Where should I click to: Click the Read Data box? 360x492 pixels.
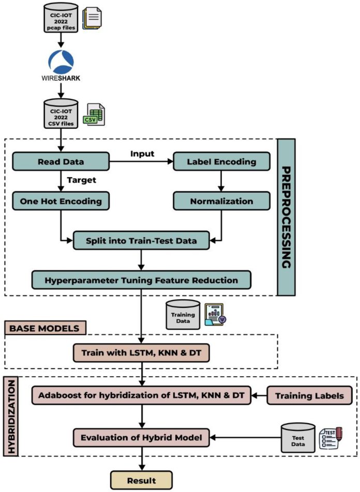click(x=61, y=161)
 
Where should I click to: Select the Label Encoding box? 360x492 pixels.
click(x=221, y=161)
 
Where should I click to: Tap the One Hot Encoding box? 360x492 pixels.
click(x=61, y=201)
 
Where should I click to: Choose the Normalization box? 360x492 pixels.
click(x=221, y=201)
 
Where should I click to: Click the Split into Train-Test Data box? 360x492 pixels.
click(x=141, y=240)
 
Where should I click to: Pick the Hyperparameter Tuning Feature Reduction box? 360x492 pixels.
click(x=141, y=280)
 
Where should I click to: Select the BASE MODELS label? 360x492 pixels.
click(x=44, y=327)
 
